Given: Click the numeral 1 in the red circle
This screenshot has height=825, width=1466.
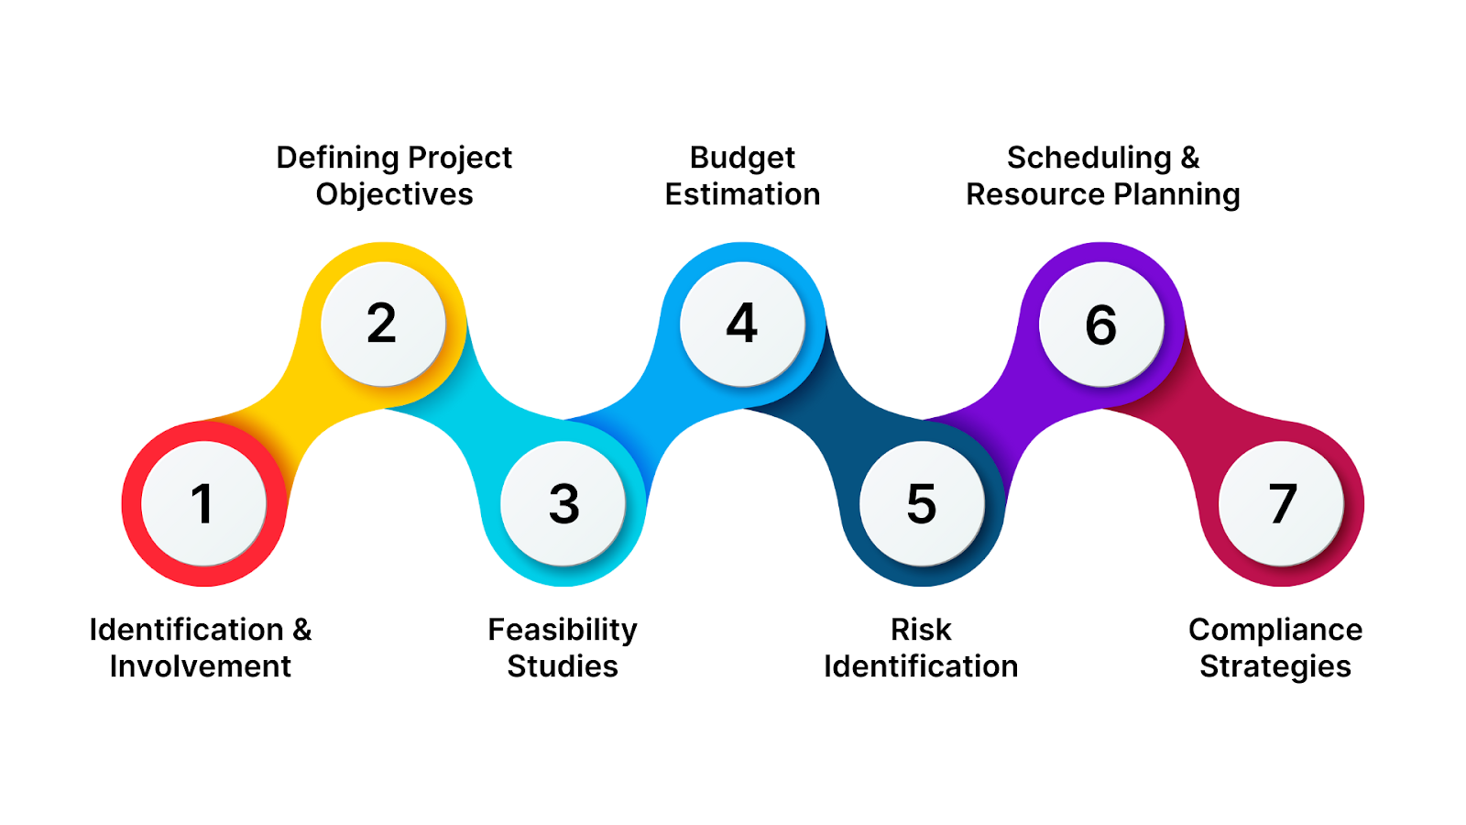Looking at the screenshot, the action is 202,504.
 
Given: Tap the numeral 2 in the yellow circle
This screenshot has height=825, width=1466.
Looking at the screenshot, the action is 381,324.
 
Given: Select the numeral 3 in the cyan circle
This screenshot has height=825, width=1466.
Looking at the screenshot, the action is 563,504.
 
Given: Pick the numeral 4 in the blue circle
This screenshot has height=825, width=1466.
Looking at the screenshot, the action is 741,324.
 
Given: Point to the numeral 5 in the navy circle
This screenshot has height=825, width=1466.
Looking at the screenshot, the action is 921,504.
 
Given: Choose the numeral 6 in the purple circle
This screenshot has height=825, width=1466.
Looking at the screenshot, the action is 1100,325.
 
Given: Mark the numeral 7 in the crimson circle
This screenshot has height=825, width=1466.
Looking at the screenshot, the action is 1282,504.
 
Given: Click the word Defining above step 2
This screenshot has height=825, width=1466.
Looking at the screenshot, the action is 337,159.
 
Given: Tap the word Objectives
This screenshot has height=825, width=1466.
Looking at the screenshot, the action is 394,194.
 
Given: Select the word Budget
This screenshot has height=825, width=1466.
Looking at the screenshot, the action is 742,159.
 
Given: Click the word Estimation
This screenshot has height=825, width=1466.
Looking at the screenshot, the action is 742,194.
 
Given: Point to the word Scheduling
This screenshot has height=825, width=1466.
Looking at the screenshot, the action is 1089,159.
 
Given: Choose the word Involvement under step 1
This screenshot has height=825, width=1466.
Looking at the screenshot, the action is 200,666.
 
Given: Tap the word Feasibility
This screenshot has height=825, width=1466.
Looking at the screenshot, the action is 562,631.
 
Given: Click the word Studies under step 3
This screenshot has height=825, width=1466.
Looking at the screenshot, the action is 562,666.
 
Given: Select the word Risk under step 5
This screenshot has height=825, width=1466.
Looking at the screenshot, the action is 921,630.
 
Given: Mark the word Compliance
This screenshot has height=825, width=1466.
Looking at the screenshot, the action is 1275,631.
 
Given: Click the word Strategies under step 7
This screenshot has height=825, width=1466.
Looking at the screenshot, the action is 1275,667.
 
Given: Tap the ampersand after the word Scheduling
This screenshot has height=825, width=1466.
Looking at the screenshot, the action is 1189,159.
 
